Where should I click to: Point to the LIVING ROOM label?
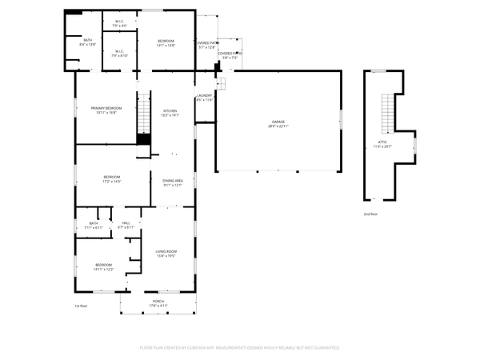point(166,254)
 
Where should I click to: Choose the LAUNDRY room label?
point(204,98)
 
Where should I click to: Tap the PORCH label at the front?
point(158,302)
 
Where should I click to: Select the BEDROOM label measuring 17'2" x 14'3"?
point(111,178)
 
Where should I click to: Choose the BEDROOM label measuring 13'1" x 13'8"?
point(166,42)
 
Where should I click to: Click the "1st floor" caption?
point(80,306)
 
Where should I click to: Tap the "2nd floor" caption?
point(370,214)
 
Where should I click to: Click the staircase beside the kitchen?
point(143,114)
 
